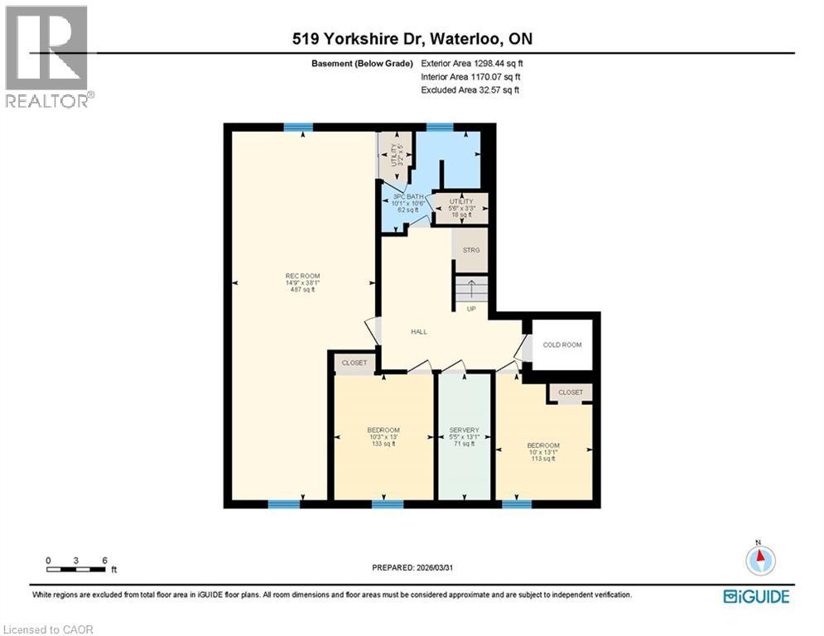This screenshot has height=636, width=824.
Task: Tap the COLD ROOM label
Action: click(x=562, y=344)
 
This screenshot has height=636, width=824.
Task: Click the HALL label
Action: click(x=419, y=331)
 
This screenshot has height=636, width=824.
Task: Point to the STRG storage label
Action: click(x=471, y=249)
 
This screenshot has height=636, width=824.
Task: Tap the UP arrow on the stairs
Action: click(x=471, y=290)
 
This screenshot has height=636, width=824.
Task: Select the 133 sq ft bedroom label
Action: click(x=383, y=436)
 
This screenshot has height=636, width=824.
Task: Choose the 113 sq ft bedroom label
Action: click(x=543, y=451)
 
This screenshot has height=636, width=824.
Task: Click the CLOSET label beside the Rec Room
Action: click(x=354, y=363)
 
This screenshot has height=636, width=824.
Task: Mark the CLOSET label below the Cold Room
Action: click(x=570, y=393)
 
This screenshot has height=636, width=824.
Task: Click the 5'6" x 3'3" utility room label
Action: click(x=460, y=208)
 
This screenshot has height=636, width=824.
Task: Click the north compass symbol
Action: click(x=759, y=561)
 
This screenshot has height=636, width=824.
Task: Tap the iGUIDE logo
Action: click(x=755, y=596)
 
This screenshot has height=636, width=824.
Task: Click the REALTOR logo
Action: click(x=48, y=56)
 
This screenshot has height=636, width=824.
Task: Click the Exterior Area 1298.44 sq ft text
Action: click(x=472, y=63)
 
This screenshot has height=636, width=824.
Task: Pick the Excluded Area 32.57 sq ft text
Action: click(x=470, y=89)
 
